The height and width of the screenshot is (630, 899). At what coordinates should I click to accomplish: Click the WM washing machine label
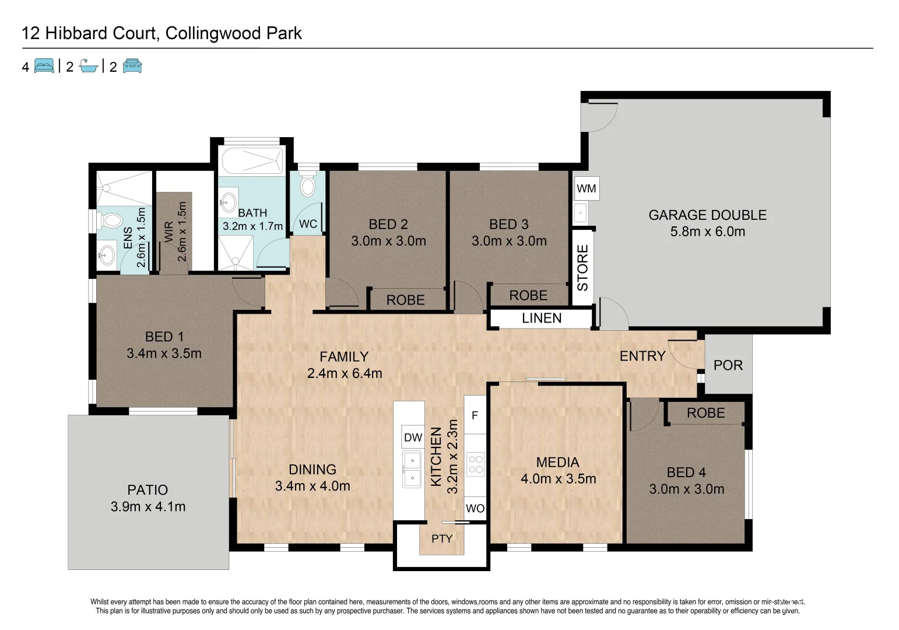[586, 188]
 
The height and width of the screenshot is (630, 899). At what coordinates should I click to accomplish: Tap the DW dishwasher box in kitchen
[413, 437]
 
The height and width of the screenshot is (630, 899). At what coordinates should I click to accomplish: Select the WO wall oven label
[475, 508]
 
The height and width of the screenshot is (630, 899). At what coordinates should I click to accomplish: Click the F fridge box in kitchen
[475, 415]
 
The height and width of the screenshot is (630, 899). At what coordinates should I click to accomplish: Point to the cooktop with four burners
[475, 464]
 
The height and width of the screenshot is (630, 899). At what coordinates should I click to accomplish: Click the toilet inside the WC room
[307, 186]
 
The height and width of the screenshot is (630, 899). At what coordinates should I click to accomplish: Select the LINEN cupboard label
[541, 318]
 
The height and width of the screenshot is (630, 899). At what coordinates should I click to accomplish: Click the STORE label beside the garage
[582, 268]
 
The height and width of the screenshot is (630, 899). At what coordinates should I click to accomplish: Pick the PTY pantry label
[441, 538]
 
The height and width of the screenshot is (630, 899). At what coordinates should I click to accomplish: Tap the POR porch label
[728, 365]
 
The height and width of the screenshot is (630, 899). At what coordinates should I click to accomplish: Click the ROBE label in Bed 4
[705, 413]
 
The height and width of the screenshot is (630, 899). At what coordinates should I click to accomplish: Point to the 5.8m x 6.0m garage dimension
[707, 232]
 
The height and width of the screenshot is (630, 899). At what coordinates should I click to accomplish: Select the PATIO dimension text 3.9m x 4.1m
[148, 506]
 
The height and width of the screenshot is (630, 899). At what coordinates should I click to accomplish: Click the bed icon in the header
[44, 66]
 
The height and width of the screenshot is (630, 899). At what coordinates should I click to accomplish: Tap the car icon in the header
[132, 66]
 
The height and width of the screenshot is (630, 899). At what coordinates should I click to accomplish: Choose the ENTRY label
[642, 356]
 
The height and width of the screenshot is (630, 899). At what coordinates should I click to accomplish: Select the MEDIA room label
[557, 462]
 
